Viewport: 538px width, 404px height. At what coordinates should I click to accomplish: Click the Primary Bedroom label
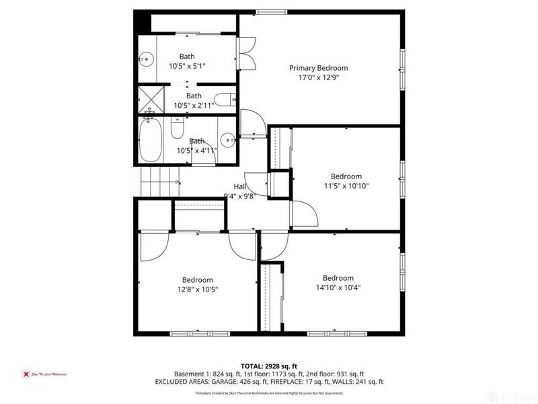[318, 68]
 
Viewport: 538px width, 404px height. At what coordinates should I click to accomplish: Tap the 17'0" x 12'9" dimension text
[318, 77]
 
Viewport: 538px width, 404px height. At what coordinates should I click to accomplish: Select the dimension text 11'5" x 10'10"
[346, 186]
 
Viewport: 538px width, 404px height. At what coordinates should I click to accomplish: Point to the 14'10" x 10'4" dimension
[338, 288]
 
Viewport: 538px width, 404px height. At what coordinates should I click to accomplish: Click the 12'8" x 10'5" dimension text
[197, 290]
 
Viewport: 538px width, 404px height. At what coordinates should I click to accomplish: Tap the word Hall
[239, 187]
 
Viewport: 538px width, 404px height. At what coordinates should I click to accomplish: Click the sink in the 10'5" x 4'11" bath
[229, 141]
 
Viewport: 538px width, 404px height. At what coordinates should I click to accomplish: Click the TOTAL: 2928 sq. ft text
[269, 366]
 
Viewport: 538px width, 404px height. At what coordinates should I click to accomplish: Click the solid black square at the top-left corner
[141, 22]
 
